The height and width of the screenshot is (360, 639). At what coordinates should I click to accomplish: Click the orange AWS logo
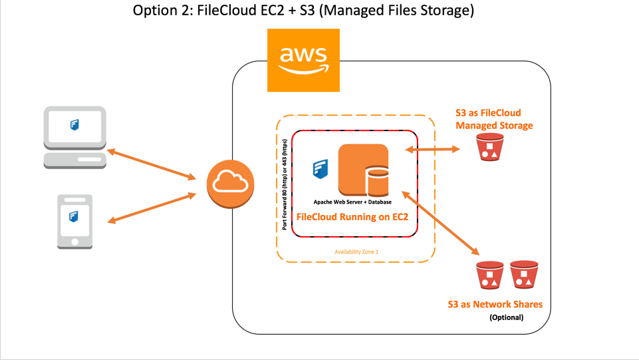[x=303, y=60]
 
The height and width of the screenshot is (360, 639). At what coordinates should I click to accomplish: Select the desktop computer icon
[x=74, y=136]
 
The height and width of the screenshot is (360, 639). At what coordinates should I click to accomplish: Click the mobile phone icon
[x=74, y=222]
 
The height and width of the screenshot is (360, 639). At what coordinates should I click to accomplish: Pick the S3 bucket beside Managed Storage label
[x=490, y=147]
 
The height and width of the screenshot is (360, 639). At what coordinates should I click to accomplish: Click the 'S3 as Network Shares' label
[x=495, y=304]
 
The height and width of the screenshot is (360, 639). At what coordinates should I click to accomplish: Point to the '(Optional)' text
[x=506, y=317]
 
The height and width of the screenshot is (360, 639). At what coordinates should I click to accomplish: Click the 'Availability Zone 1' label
[x=356, y=252]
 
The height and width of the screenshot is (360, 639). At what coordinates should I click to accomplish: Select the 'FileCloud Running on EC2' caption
[x=352, y=217]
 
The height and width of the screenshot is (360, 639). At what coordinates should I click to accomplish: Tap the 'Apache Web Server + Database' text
[x=353, y=202]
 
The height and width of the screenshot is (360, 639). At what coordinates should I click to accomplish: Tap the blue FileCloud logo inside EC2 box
[x=320, y=170]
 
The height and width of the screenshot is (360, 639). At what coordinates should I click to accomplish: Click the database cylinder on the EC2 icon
[x=377, y=181]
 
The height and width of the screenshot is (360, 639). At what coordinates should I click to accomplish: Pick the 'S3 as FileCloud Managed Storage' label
[x=494, y=119]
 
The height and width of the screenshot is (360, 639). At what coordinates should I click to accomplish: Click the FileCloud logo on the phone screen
[x=74, y=216]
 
